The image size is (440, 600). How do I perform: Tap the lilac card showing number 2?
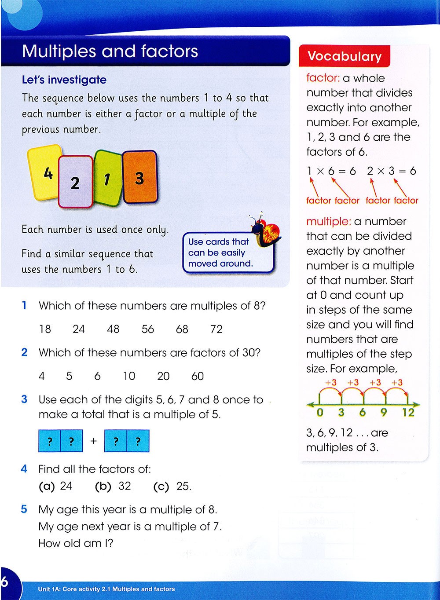[x=76, y=182]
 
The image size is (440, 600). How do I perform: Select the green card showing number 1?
[x=107, y=179]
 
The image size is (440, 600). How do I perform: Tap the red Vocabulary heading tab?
[x=345, y=56]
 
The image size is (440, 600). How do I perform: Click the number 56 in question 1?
[x=148, y=329]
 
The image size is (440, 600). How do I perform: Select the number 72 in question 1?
[x=216, y=329]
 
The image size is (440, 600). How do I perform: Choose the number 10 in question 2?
[x=129, y=376]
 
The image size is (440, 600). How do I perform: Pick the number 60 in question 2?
[x=198, y=376]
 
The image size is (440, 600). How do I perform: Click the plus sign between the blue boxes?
[x=93, y=441]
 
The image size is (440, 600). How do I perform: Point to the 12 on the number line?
[x=408, y=412]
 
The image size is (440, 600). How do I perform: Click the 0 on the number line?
[x=320, y=412]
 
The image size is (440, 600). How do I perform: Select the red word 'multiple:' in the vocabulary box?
[x=328, y=221]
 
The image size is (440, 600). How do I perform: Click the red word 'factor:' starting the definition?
[x=323, y=78]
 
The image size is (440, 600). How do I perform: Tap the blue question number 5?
[x=24, y=509]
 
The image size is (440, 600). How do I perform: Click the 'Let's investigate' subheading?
[x=64, y=80]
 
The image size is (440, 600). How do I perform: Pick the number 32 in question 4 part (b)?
[x=125, y=486]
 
